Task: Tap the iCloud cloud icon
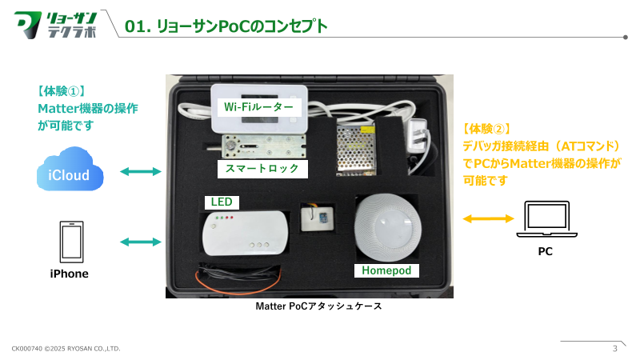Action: (x=70, y=172)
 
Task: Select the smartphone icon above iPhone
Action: (x=70, y=241)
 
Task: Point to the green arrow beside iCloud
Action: (x=140, y=171)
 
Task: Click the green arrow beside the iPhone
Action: (x=140, y=241)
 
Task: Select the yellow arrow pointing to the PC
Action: (x=488, y=218)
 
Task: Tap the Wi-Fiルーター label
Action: (x=258, y=106)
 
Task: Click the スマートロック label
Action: (x=262, y=168)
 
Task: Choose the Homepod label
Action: (x=386, y=270)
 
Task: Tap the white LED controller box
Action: (x=245, y=231)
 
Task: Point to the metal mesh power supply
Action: (x=359, y=148)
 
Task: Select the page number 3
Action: (x=614, y=348)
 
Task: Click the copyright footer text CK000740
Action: (x=66, y=349)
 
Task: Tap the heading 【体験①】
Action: (x=61, y=91)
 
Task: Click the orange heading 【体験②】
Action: (x=487, y=128)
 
